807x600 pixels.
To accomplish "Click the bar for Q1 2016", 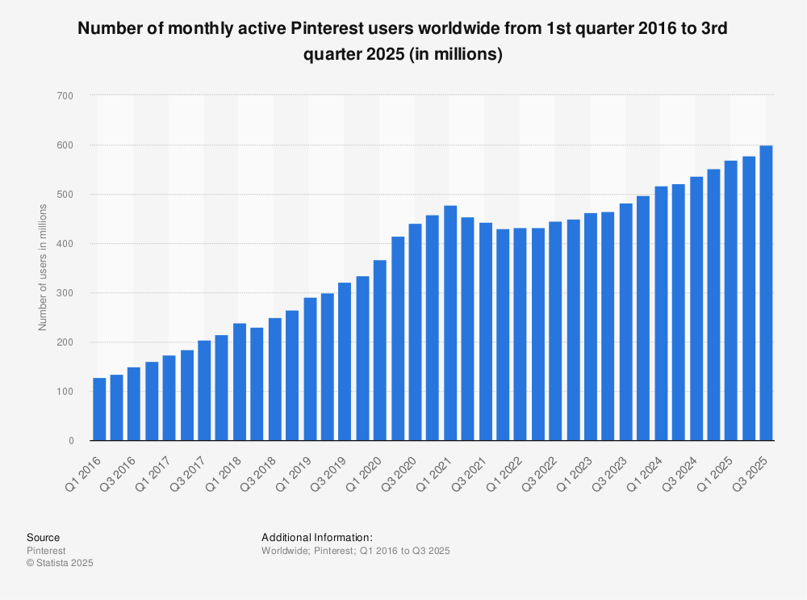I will [x=99, y=409].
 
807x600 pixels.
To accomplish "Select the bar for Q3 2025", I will [x=766, y=292].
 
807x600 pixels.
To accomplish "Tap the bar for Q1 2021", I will [x=450, y=323].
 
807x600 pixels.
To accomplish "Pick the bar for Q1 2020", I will [x=380, y=350].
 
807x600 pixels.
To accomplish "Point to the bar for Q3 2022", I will [x=555, y=330].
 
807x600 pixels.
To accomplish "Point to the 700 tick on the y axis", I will [x=65, y=96].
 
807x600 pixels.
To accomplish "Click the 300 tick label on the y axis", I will [x=65, y=293].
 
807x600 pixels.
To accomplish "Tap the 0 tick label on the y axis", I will [x=70, y=441].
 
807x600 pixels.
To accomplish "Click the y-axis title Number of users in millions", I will [x=44, y=267].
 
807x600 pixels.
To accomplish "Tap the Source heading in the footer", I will [x=43, y=537].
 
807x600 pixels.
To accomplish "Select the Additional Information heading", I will [x=317, y=537].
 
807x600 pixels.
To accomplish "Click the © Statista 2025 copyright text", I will [x=60, y=563].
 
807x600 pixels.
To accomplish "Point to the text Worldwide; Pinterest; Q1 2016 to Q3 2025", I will [x=355, y=551].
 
